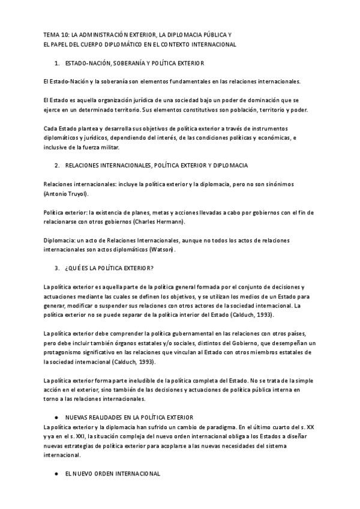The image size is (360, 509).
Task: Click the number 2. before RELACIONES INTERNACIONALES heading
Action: tap(56, 165)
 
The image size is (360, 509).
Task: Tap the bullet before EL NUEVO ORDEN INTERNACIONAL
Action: tap(56, 474)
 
